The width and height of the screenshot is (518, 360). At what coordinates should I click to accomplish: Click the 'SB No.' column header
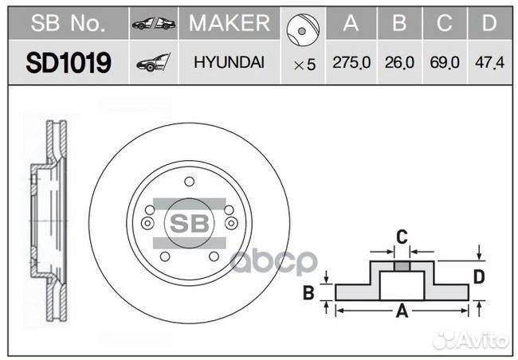click(68, 24)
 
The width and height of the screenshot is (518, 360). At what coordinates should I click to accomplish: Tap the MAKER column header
click(229, 24)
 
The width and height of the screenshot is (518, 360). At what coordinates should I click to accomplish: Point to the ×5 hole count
click(304, 65)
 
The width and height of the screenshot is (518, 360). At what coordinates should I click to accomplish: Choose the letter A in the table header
click(351, 24)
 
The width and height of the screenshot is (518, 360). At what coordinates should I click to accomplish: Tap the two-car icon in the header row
click(153, 24)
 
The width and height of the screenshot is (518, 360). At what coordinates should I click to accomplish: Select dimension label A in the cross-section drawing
click(402, 311)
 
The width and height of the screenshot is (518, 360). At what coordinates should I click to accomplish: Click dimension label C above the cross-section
click(402, 236)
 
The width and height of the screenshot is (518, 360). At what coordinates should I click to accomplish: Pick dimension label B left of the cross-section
click(308, 292)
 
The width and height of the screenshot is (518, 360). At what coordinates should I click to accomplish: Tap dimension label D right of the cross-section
click(478, 277)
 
